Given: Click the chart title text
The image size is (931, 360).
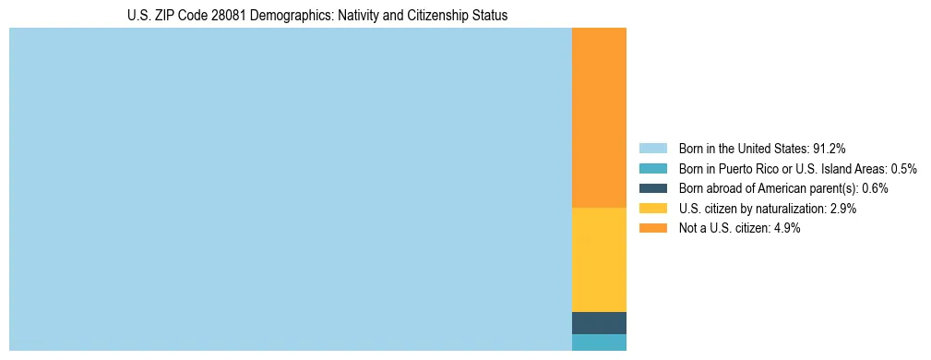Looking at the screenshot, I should pos(317,16).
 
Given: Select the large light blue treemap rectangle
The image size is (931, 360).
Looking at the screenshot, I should pos(291,189).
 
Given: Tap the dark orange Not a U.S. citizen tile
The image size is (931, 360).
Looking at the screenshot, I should pos(599,117).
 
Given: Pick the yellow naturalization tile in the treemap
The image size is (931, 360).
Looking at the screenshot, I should pos(599,259).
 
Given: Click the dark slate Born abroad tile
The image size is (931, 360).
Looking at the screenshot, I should pos(599,323).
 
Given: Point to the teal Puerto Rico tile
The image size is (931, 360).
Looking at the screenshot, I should pos(599,342).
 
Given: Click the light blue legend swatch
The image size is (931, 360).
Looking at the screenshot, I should pos(652,148).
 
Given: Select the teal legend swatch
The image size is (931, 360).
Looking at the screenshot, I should pos(652,168).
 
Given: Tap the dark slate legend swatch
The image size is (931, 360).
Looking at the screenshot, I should pos(652,188).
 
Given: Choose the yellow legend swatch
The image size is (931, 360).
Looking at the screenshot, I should pos(652,209).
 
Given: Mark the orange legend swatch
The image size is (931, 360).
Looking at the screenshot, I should pos(652,229).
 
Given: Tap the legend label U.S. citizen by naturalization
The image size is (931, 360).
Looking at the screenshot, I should pos(753,209).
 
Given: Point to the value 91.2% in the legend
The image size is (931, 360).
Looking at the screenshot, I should pos(830,148).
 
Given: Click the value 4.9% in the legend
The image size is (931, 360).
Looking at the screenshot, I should pos(788,229).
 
